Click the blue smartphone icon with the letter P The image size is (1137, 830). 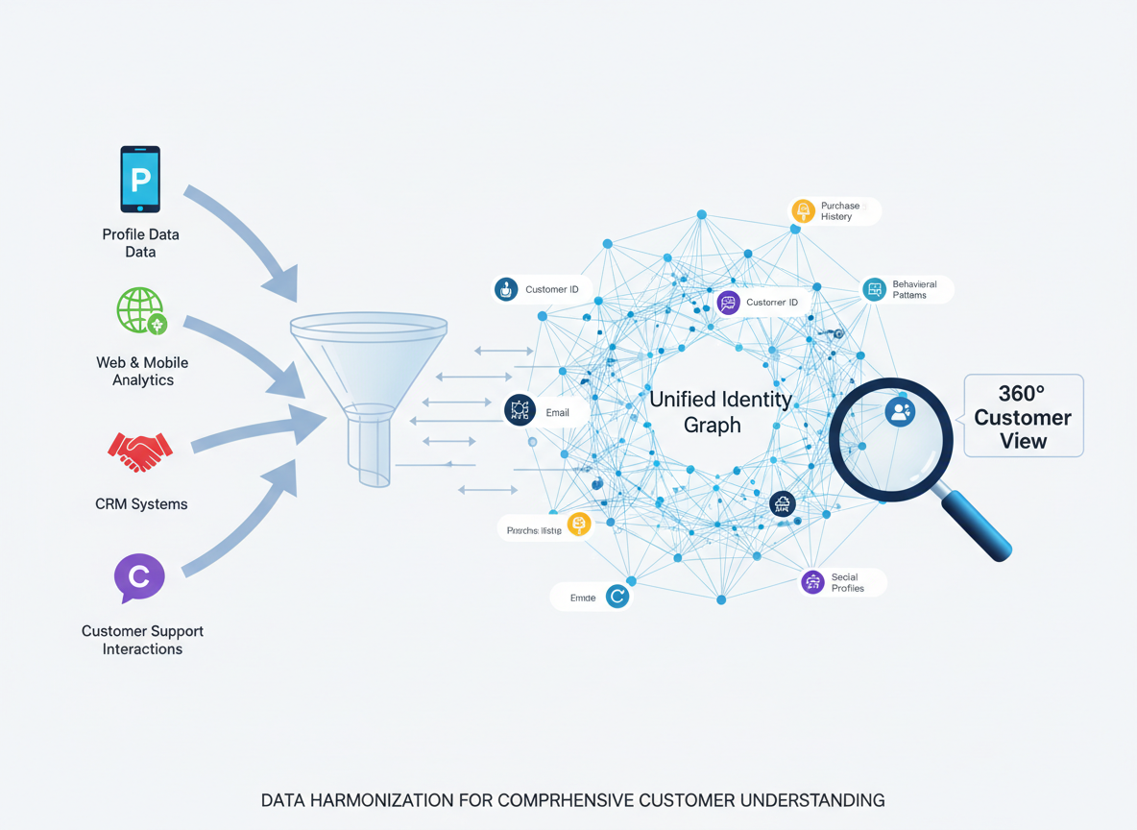140,179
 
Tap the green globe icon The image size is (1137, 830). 141,310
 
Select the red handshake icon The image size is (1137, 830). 140,452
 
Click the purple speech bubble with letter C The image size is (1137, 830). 139,577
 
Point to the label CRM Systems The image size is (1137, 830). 141,503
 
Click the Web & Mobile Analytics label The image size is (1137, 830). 142,371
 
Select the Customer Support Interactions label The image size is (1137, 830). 142,640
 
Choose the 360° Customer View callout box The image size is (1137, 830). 1023,416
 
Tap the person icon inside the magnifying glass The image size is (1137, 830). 900,412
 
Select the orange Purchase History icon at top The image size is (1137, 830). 803,210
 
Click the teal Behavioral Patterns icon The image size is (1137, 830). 874,289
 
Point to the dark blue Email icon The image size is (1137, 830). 520,410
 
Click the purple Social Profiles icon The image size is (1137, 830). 813,582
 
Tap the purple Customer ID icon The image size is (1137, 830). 728,303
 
